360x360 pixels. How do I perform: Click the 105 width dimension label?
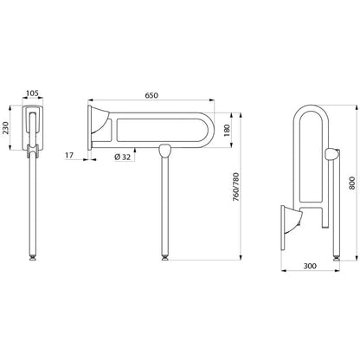(33, 93)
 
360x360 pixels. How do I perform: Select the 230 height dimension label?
(6, 127)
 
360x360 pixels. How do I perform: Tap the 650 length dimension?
(151, 95)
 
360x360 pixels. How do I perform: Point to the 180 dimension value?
(227, 131)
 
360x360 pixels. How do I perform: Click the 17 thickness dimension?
(69, 155)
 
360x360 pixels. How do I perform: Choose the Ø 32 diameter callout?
(122, 157)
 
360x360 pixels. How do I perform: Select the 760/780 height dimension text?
(235, 187)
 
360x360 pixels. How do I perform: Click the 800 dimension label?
(352, 183)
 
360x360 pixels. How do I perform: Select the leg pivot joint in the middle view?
(165, 151)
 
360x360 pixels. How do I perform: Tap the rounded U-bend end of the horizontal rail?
(209, 131)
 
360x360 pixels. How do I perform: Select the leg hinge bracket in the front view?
(33, 151)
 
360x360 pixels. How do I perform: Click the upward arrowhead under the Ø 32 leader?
(135, 150)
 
